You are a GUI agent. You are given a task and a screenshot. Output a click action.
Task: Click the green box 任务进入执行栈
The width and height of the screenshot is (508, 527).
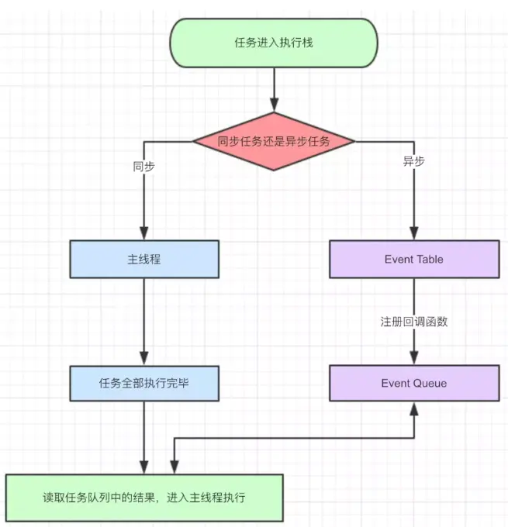tap(274, 43)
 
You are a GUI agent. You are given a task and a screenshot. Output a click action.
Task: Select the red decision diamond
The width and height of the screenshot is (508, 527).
tap(274, 142)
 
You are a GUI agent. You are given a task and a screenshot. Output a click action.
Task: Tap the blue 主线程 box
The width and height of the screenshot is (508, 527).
tap(144, 259)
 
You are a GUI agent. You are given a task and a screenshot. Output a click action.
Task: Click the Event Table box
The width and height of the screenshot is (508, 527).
tap(414, 259)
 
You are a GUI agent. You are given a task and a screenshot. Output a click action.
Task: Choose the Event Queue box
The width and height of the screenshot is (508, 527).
tap(414, 383)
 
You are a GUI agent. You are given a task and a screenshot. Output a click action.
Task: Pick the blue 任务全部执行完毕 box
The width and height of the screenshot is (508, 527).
tap(144, 383)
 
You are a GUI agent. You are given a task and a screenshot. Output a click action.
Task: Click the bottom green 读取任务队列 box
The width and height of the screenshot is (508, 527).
tap(144, 498)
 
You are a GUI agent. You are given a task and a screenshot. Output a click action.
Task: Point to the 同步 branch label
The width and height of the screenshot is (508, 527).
tap(144, 167)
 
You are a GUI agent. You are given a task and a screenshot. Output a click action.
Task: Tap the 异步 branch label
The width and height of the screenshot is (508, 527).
tap(414, 161)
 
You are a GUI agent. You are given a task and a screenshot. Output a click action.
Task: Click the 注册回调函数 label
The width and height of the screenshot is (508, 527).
tap(414, 322)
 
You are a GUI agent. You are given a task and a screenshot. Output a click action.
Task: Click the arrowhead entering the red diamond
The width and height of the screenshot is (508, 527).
tap(275, 105)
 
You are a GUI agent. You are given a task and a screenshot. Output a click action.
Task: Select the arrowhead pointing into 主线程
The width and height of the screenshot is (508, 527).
tap(144, 233)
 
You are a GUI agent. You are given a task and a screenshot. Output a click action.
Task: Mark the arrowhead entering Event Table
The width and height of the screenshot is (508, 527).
tap(414, 233)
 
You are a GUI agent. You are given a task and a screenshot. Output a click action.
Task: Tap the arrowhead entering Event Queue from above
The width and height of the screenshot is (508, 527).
tap(414, 358)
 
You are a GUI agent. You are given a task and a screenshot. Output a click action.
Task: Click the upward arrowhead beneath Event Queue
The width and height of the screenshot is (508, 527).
tap(414, 408)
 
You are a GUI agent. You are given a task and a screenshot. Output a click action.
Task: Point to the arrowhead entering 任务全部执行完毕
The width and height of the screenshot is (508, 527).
tap(144, 359)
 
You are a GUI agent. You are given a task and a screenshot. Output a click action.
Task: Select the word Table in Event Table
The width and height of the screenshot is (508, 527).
tap(429, 259)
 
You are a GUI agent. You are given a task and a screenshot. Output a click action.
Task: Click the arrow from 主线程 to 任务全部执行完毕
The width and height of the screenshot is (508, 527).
tap(144, 322)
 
